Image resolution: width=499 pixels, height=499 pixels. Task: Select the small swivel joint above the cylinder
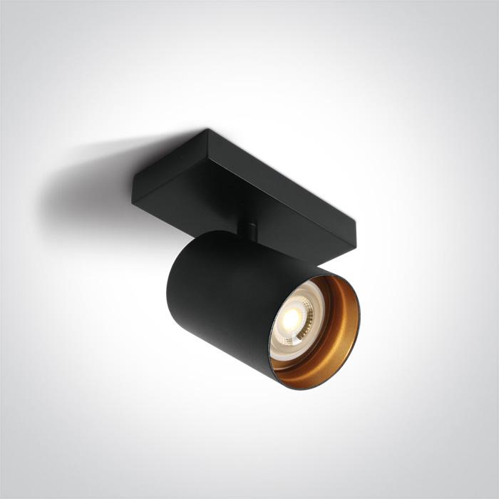tap(249, 230)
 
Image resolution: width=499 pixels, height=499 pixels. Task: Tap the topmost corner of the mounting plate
tap(207, 130)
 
